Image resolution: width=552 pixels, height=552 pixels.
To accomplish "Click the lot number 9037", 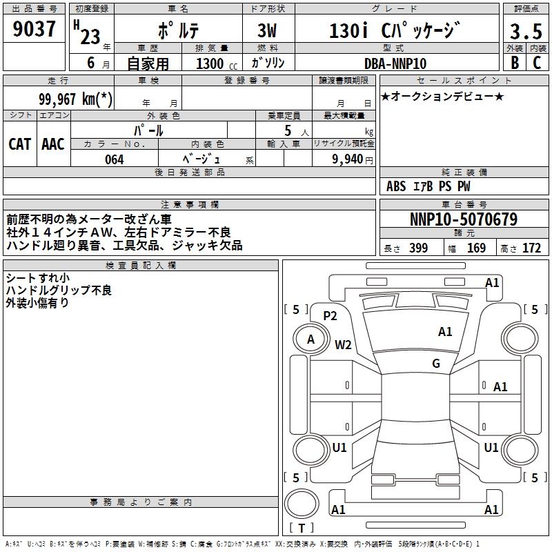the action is (x=34, y=29).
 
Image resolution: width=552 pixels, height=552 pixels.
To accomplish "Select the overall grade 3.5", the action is (x=526, y=31).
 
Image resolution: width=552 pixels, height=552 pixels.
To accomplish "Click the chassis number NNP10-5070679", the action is (x=464, y=219).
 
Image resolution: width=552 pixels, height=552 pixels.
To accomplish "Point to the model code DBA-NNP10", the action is (x=395, y=63).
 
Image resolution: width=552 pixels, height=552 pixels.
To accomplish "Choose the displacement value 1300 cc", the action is (x=217, y=63).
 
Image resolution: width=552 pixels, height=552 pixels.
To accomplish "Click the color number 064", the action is (x=115, y=159).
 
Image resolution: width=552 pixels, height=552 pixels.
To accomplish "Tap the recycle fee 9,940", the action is (x=348, y=159).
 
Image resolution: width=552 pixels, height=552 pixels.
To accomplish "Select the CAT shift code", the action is (x=20, y=144).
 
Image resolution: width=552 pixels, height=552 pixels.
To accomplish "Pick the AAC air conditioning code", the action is (x=53, y=144).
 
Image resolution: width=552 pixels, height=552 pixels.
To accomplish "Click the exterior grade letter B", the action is (x=515, y=63).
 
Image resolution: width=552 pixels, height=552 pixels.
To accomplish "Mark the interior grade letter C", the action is (x=537, y=63).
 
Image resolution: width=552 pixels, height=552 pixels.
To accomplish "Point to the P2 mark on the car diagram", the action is (x=331, y=316).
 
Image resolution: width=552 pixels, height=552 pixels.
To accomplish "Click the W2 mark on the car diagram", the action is (x=343, y=344).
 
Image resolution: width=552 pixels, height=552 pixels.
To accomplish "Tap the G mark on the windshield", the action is (x=436, y=363).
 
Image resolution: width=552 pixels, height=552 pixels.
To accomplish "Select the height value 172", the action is (x=531, y=248).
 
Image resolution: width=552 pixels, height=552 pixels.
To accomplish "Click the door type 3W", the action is (x=267, y=30).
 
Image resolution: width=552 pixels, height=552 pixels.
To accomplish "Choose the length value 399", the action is (x=419, y=248).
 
